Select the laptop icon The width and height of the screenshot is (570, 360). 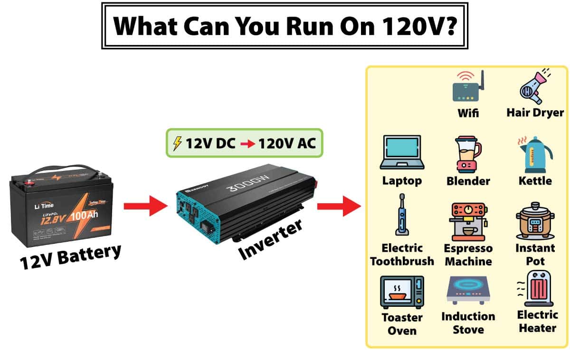[x=401, y=152]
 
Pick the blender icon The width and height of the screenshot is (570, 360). [x=467, y=154]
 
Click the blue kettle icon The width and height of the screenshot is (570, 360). [x=534, y=154]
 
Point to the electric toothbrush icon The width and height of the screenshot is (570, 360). [x=402, y=215]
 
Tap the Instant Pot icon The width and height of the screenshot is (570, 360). [x=535, y=222]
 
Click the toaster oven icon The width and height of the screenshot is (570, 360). [x=402, y=293]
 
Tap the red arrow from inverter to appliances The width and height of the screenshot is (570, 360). [x=339, y=206]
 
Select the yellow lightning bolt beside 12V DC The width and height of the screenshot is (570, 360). [x=177, y=143]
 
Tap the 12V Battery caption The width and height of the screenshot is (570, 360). [x=70, y=257]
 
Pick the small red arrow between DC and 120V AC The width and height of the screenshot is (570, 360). [x=247, y=143]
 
